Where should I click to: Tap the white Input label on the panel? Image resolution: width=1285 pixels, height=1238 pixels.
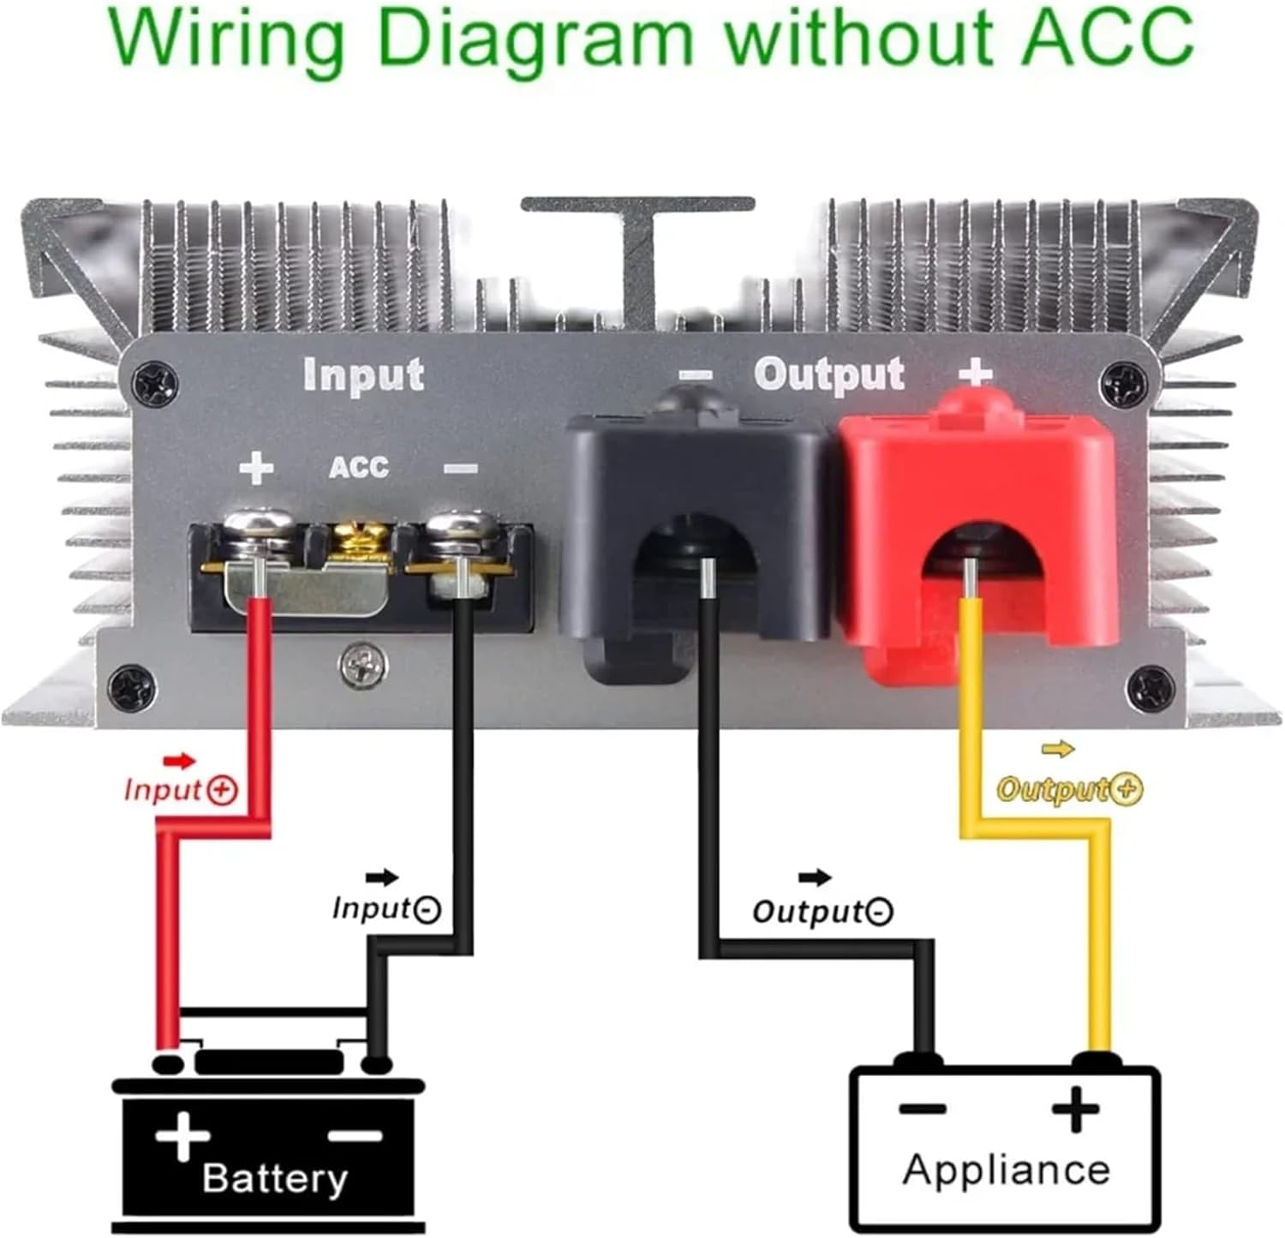[363, 375]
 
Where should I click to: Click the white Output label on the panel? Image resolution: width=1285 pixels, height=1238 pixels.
[828, 374]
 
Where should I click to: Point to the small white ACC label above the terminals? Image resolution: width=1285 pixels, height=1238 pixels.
[359, 468]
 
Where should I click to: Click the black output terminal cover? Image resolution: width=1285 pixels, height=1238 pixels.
[694, 531]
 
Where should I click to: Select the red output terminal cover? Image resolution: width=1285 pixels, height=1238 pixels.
[977, 531]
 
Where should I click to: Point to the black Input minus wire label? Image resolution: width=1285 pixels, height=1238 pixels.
[386, 908]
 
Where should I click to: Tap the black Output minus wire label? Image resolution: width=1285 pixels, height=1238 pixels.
[822, 911]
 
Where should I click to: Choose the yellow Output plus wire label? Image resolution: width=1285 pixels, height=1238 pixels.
[1069, 789]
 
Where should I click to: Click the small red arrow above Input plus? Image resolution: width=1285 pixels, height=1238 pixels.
[180, 761]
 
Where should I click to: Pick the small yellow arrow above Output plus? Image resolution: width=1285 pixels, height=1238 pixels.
[1058, 750]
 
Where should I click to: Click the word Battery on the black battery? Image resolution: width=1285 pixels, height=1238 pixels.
[275, 1178]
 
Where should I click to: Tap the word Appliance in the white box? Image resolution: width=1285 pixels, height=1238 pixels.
[1006, 1170]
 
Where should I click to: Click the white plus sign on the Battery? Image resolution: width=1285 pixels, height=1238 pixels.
[182, 1137]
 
